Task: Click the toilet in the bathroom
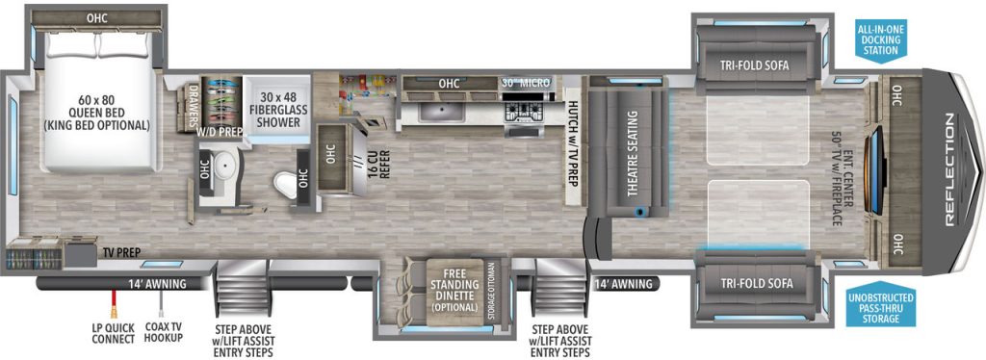click(x=287, y=184)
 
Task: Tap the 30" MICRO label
click(x=526, y=83)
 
